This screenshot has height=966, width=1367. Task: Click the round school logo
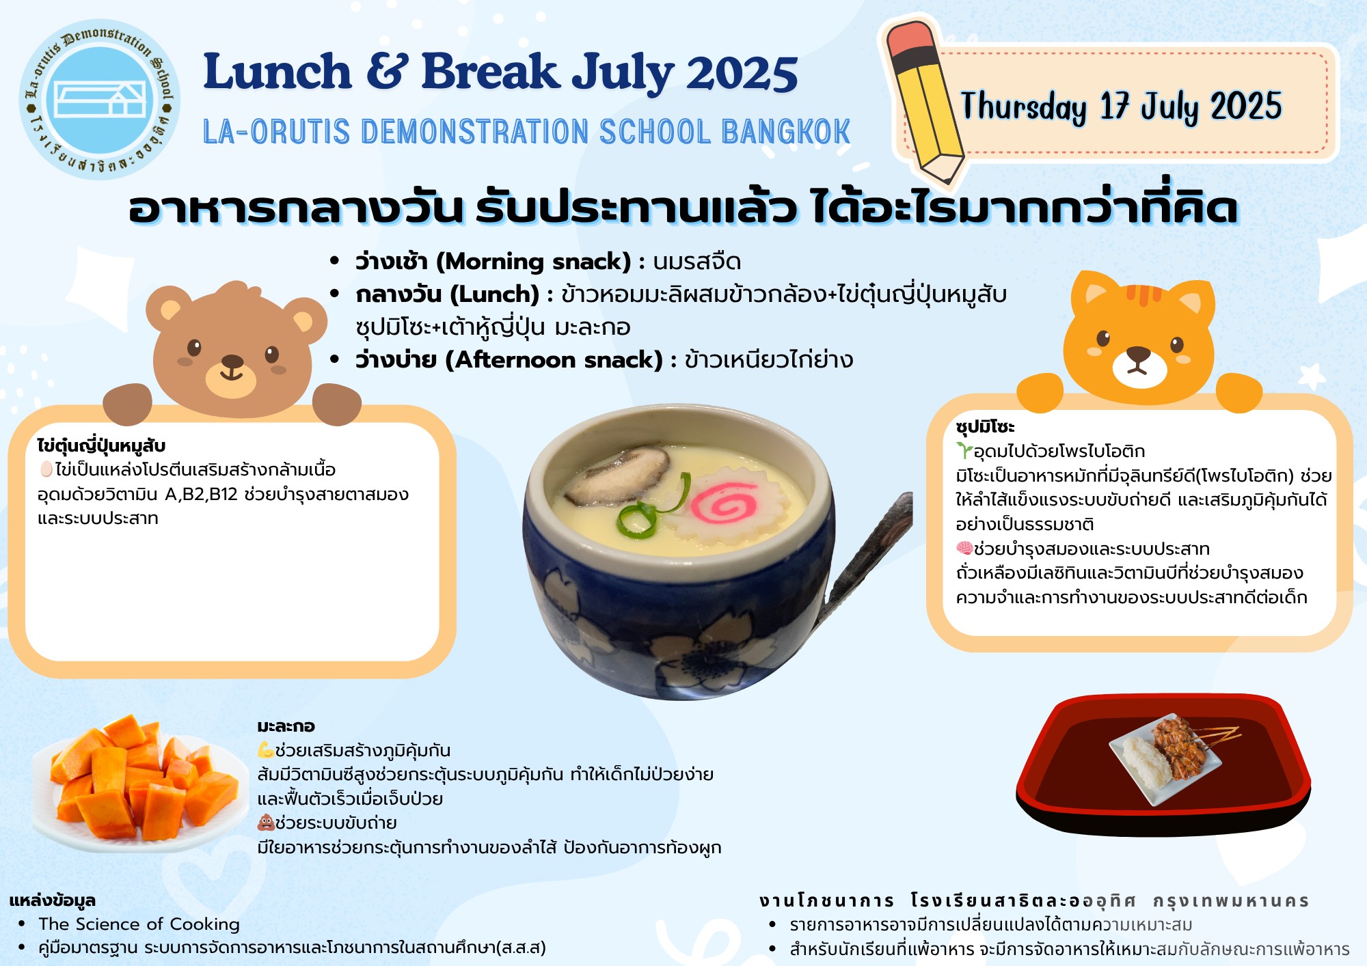[100, 99]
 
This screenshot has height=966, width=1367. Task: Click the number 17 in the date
[1115, 106]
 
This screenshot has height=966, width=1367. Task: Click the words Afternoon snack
[554, 360]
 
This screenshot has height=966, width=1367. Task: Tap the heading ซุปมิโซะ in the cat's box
[985, 427]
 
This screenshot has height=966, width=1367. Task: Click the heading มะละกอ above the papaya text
[286, 726]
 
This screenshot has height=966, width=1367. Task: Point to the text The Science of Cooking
[139, 924]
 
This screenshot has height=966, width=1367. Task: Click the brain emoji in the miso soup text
[964, 548]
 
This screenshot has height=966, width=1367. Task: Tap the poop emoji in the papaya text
[266, 822]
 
